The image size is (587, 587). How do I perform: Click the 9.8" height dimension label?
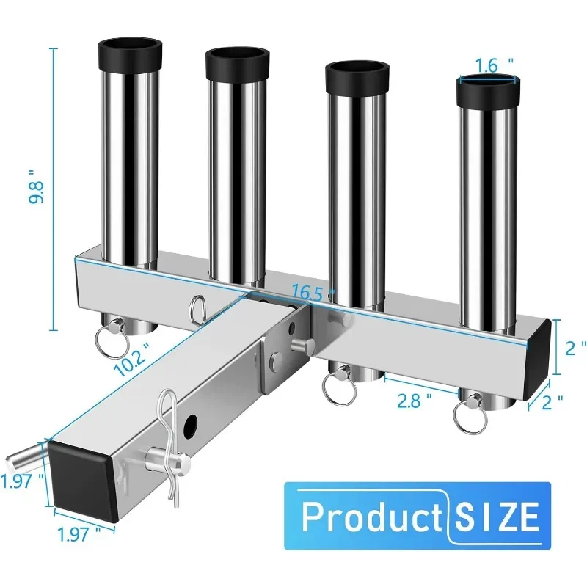point(36,187)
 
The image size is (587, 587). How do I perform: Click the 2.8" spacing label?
point(414,401)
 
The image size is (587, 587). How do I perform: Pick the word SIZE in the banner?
point(497,517)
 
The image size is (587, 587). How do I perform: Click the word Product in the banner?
point(372,517)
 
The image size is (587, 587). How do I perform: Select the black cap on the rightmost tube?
point(488,91)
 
